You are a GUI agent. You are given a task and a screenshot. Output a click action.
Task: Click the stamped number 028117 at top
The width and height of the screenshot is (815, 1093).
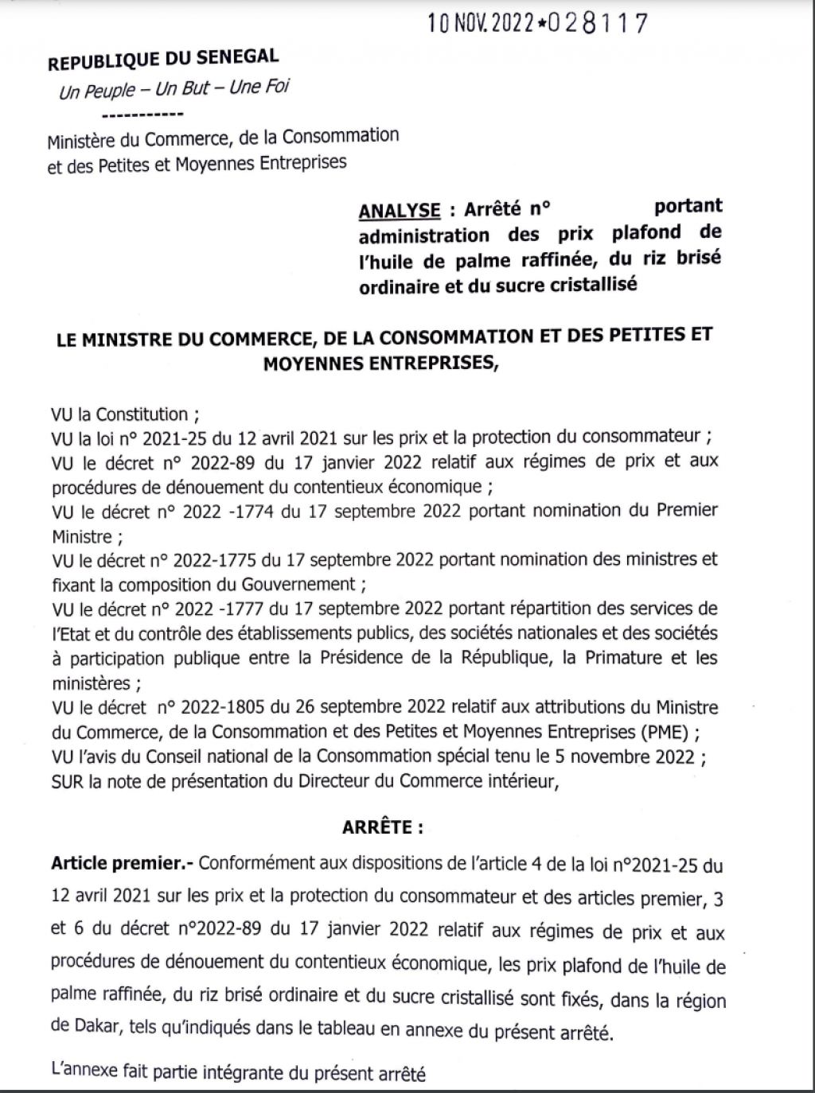(595, 23)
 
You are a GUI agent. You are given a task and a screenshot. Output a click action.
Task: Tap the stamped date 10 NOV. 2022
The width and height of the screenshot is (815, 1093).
(480, 24)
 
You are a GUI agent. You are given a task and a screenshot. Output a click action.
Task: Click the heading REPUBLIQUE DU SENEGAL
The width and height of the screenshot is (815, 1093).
(163, 58)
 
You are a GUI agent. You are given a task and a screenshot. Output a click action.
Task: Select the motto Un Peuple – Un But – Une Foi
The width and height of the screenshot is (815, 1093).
(174, 88)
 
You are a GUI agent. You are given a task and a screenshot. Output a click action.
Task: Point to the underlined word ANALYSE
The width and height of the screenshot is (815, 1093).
(400, 210)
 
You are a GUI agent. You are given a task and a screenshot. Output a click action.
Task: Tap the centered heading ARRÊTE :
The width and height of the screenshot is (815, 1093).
(383, 827)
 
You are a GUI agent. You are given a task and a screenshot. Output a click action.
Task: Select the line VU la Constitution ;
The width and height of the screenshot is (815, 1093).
(125, 414)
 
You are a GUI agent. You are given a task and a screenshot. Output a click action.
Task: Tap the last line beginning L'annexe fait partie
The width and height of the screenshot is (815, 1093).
(238, 1075)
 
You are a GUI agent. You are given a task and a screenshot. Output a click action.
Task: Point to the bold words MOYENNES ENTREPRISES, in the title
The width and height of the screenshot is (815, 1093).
(383, 363)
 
